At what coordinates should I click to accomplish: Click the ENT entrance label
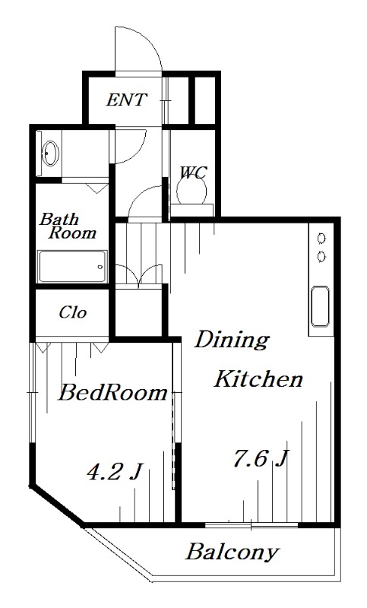pos(127,100)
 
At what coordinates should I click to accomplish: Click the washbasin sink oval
pos(50,154)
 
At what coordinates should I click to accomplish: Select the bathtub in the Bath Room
pos(72,267)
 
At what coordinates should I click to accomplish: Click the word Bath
pos(59,219)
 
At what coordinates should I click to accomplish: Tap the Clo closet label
pos(72,312)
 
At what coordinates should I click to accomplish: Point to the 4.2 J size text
pos(114,472)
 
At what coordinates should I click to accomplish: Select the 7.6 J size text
pos(260,458)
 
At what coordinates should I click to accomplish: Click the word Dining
pos(232,340)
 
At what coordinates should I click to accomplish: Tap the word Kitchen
pos(258,378)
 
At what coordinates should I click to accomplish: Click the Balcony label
pos(233,552)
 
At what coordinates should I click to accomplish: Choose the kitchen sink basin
pos(320,306)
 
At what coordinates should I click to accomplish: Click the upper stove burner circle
pos(321,239)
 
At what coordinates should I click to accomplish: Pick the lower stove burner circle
pos(321,256)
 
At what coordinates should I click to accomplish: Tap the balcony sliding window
pos(252,525)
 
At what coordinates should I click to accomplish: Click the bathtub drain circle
pos(100,267)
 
